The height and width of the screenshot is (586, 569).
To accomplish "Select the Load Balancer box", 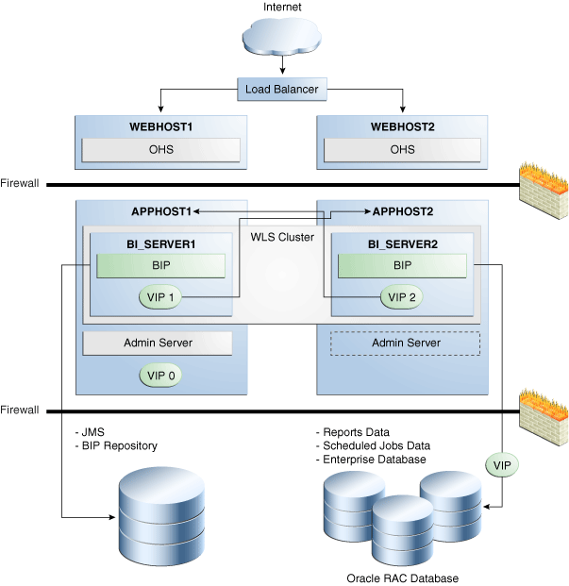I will (282, 91).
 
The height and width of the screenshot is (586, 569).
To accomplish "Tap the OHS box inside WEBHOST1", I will (160, 149).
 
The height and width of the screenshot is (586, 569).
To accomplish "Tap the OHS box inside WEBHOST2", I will (403, 149).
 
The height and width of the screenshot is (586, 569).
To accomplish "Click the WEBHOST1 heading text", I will (161, 126).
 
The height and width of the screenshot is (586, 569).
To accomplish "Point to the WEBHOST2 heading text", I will (403, 126).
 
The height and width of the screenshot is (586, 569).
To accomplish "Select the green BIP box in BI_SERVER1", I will (160, 265).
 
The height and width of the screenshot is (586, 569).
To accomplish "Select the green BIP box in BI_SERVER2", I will (403, 265).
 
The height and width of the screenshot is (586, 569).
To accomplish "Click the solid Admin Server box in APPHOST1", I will (158, 343).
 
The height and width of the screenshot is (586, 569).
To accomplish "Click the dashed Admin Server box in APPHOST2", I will (405, 343).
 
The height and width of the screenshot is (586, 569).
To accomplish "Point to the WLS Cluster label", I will (282, 237).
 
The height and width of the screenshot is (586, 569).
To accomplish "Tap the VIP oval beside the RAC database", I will (503, 464).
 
